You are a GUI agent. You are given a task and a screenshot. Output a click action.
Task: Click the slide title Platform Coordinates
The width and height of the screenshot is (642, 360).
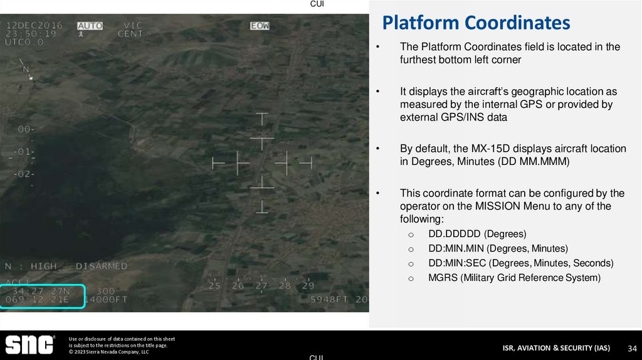click(x=476, y=23)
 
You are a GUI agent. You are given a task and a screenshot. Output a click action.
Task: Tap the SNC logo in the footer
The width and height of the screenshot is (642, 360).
click(x=30, y=344)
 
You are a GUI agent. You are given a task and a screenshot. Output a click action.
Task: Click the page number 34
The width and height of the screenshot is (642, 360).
click(x=633, y=348)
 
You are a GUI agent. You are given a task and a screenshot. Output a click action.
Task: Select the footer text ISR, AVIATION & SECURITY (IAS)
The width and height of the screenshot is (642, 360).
click(x=556, y=348)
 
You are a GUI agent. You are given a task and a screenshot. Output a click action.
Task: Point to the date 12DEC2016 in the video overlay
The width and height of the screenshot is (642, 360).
click(x=34, y=26)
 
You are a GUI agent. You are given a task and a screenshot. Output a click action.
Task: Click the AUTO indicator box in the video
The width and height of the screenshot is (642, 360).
click(x=90, y=26)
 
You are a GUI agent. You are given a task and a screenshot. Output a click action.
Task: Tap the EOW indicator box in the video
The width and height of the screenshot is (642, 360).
click(x=260, y=26)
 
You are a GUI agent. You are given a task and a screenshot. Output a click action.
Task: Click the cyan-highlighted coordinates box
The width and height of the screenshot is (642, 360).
click(x=43, y=296)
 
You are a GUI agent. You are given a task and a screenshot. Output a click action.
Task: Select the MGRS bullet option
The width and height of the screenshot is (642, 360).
click(x=514, y=277)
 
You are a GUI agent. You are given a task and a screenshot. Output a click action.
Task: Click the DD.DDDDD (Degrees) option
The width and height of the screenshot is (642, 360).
click(x=477, y=234)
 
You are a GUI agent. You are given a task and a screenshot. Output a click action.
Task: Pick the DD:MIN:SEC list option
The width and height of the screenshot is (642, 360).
click(x=520, y=263)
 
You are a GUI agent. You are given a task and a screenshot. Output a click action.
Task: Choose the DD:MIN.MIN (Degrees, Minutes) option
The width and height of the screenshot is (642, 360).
click(x=498, y=248)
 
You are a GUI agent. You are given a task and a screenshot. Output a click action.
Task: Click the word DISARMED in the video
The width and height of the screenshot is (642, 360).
click(x=102, y=267)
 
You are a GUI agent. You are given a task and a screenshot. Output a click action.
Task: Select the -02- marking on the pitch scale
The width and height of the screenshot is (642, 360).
click(x=25, y=174)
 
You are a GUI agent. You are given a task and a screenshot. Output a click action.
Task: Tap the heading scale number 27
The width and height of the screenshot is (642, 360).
click(x=261, y=285)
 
